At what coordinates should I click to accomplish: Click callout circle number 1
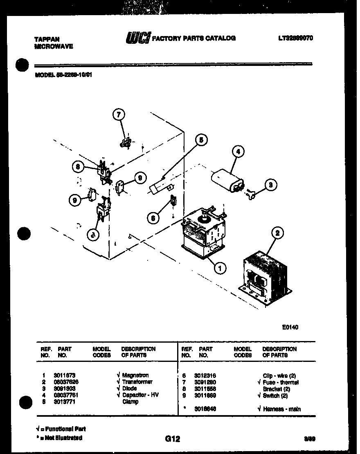pos(220,269)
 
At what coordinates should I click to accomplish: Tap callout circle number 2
pos(277,233)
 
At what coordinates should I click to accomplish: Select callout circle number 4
pos(238,152)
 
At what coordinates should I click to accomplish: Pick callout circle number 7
pos(118,115)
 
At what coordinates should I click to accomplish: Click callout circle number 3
pos(270,185)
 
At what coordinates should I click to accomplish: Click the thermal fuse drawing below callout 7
pos(126,142)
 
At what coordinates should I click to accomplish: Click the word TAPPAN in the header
pos(46,39)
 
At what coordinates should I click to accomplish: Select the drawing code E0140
pos(290,327)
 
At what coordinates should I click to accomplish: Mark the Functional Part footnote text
pos(63,429)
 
